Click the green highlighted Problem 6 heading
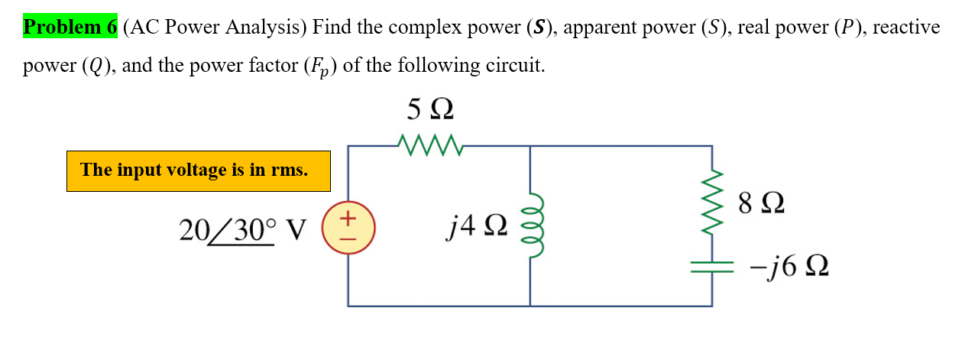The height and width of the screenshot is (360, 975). (70, 28)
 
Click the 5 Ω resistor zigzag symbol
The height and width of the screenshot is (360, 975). (429, 142)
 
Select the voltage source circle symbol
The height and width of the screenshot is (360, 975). (348, 228)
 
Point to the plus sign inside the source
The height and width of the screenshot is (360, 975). (348, 219)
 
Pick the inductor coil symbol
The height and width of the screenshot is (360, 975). (530, 227)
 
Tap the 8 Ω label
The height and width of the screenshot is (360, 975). (761, 203)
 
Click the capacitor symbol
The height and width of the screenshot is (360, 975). (712, 266)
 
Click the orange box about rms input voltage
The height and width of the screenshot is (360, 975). (198, 170)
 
